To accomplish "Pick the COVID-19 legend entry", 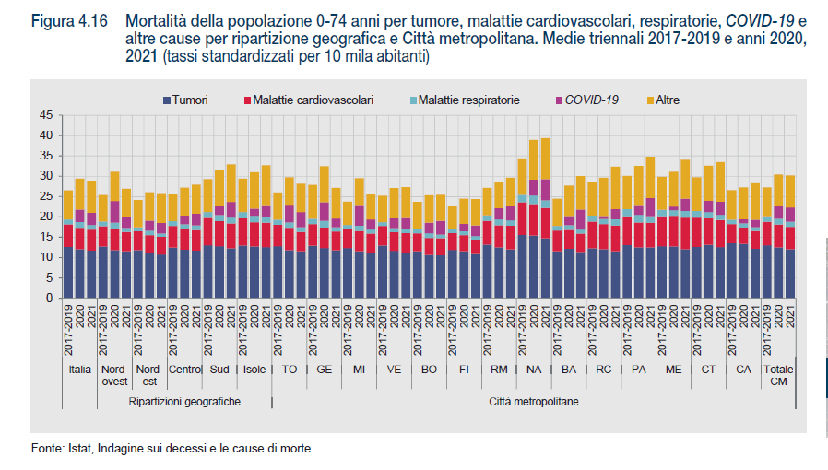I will tap(591, 98).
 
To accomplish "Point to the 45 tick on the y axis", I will tap(46, 115).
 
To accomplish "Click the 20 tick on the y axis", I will tap(46, 217).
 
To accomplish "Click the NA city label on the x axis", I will tap(534, 369).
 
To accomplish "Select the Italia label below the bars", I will tap(79, 369).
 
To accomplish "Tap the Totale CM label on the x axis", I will tap(779, 374).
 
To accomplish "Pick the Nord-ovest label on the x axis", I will tap(114, 374).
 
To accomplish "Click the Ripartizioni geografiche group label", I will tap(184, 402).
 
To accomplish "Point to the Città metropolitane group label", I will tap(533, 402).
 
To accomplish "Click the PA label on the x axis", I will tap(639, 369).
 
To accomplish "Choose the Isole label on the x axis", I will tap(254, 369).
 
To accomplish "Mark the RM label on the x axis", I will tap(499, 369).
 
